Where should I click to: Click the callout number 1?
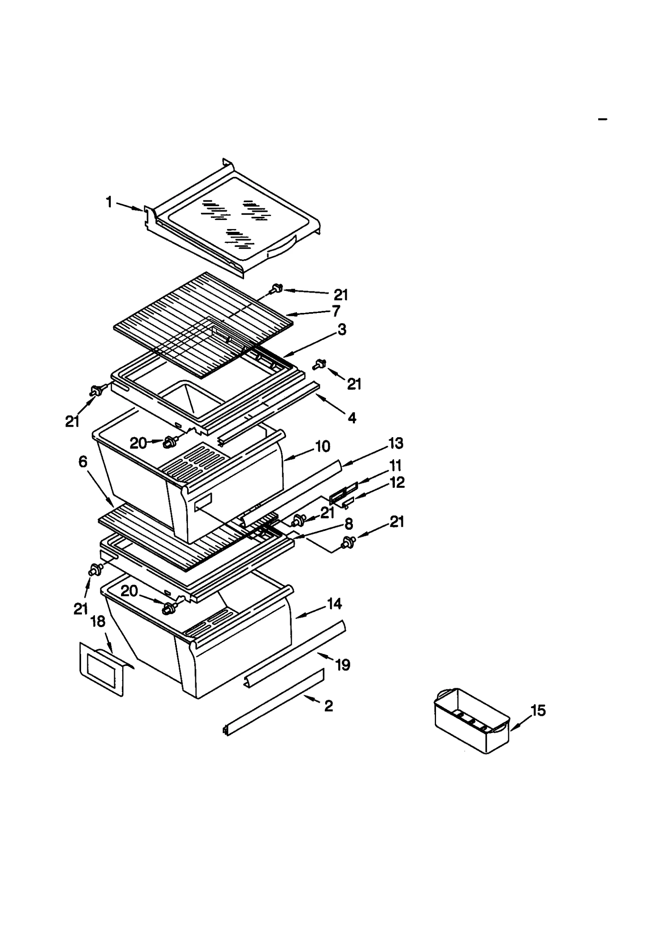point(109,202)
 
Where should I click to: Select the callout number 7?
point(336,311)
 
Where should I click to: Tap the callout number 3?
point(342,329)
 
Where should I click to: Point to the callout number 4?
point(352,418)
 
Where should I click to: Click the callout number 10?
point(323,447)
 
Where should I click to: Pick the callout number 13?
point(396,443)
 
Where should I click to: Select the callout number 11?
point(395,465)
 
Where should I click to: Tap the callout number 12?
point(397,482)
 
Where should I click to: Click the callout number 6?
point(83,462)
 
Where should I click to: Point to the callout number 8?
point(348,524)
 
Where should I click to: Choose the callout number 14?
point(334,604)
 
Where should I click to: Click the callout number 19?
point(343,665)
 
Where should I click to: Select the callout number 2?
point(328,706)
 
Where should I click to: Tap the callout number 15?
point(538,711)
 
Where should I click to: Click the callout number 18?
point(98,621)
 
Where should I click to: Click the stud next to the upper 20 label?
point(169,443)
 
